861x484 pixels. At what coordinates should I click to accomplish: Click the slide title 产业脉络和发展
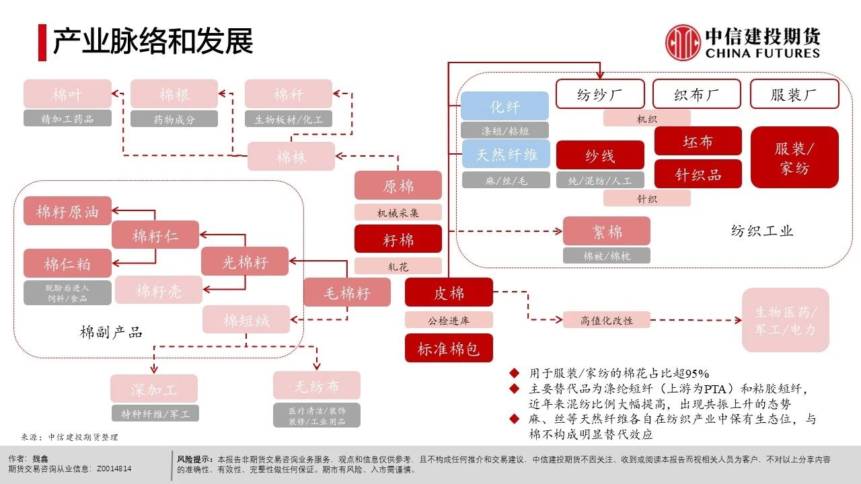click(x=153, y=42)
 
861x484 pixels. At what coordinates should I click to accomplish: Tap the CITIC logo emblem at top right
click(x=683, y=42)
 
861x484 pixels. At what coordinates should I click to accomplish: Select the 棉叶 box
click(x=67, y=94)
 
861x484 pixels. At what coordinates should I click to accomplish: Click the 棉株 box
click(x=291, y=157)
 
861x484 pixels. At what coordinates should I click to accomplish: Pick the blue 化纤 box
click(x=504, y=106)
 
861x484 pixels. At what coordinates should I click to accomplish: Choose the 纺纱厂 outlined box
click(x=599, y=94)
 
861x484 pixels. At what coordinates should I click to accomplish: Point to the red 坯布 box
click(x=698, y=141)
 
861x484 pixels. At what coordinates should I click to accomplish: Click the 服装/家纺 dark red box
click(x=794, y=157)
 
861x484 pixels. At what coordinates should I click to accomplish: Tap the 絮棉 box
click(x=606, y=231)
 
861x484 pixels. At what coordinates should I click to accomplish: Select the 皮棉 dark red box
click(x=449, y=292)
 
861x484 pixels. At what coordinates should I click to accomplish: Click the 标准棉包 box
click(x=449, y=348)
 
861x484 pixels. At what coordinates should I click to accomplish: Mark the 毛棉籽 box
click(x=346, y=292)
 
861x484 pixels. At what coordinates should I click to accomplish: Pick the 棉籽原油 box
click(x=67, y=212)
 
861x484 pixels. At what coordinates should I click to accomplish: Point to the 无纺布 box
click(x=316, y=386)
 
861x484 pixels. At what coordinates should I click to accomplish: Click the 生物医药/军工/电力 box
click(x=785, y=321)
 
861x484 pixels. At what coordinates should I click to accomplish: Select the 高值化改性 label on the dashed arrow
click(x=607, y=320)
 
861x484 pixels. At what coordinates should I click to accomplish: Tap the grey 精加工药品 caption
click(x=67, y=119)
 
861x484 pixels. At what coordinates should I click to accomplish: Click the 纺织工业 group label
click(x=762, y=231)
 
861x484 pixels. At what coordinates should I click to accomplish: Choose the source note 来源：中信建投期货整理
click(x=69, y=436)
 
